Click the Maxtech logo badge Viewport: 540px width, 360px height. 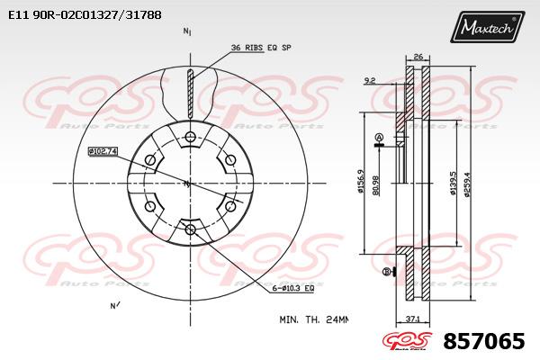coord(487,26)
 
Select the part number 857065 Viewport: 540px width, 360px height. coord(484,341)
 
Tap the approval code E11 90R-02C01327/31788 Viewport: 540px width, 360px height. coord(85,15)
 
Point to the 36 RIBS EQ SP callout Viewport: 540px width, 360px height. coord(261,48)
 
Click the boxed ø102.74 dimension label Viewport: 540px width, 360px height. coord(103,151)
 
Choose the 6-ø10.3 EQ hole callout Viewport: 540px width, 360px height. coord(293,288)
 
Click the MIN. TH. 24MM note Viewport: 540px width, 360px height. coord(313,319)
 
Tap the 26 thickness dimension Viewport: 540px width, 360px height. coord(418,57)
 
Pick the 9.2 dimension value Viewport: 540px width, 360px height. coord(370,81)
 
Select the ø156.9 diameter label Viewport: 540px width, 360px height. coord(360,182)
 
